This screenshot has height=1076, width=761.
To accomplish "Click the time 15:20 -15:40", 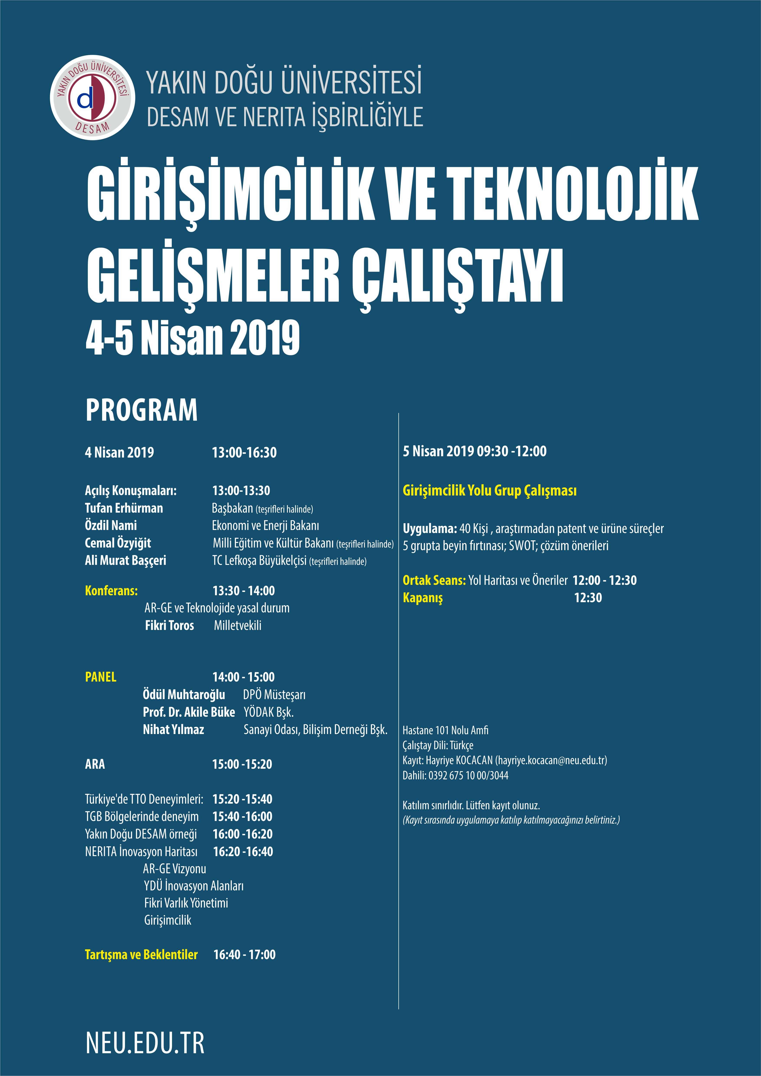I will tap(242, 799).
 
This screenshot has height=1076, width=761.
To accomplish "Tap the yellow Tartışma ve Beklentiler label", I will tap(141, 955).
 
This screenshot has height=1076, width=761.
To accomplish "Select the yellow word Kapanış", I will tap(423, 598).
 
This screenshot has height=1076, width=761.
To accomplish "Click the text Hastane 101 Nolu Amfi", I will tap(445, 730).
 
